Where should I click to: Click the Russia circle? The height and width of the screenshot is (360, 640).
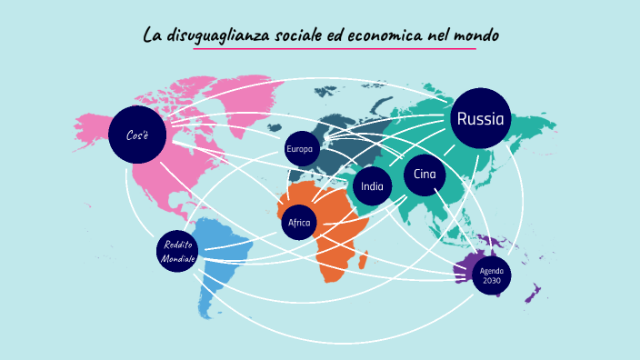click(x=481, y=118)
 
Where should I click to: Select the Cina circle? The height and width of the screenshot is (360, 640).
click(x=424, y=175)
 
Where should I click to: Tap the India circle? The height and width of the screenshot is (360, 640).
click(x=372, y=186)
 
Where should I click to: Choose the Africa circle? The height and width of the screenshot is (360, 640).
click(x=298, y=223)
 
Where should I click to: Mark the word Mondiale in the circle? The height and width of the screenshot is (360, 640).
click(x=178, y=259)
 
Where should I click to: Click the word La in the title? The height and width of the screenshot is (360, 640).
click(x=152, y=35)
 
